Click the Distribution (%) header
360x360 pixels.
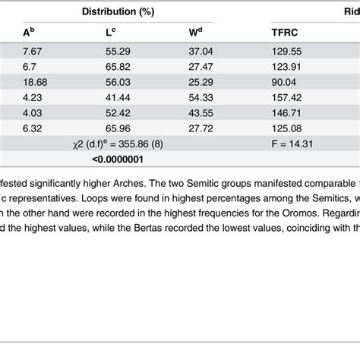(118, 11)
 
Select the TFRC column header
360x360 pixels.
(285, 33)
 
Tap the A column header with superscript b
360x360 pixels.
(29, 32)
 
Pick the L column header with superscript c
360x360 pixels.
(110, 32)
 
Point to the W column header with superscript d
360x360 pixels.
(195, 32)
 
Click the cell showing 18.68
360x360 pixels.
(35, 82)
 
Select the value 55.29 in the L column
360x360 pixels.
(118, 52)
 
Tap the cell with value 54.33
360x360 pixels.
(201, 98)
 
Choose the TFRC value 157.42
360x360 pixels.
(286, 98)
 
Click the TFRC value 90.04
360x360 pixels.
(283, 82)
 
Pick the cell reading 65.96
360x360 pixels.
(118, 128)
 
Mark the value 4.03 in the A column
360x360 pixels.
(32, 113)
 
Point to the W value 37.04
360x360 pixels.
(201, 52)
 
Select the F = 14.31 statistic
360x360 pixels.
(292, 144)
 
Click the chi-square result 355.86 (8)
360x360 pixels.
(141, 144)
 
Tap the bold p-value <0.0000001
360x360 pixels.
(118, 159)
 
